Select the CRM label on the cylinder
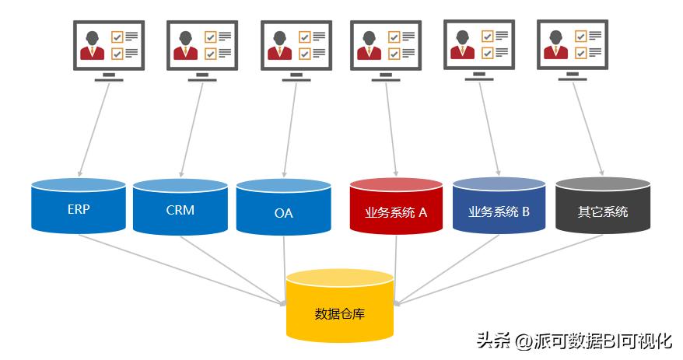[180, 210]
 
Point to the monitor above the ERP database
[109, 47]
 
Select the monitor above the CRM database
[201, 47]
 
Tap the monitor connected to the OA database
[296, 47]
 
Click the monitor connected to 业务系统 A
[386, 47]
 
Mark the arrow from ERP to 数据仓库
[179, 267]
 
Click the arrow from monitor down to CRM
[191, 128]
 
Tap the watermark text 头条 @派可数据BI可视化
[573, 340]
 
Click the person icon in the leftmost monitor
[93, 44]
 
